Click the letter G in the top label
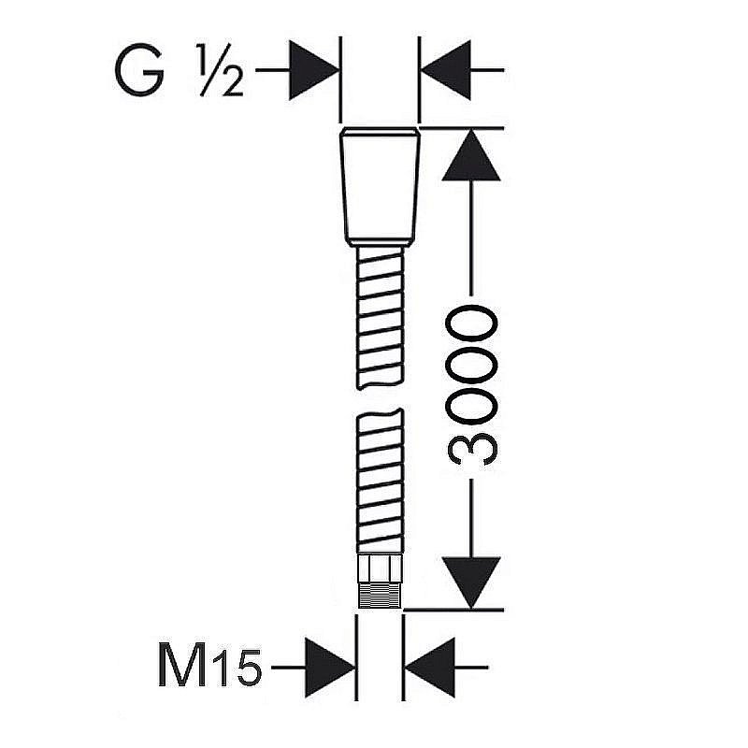pyautogui.click(x=139, y=70)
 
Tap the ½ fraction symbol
pyautogui.click(x=222, y=70)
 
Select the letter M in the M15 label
pyautogui.click(x=181, y=665)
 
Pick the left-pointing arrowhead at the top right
pyautogui.click(x=446, y=70)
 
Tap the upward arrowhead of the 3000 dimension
pyautogui.click(x=471, y=155)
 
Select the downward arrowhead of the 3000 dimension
pyautogui.click(x=471, y=583)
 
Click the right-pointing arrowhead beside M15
pyautogui.click(x=330, y=668)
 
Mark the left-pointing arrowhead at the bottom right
pyautogui.click(x=430, y=668)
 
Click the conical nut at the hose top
pyautogui.click(x=381, y=187)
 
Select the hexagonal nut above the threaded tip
pyautogui.click(x=381, y=568)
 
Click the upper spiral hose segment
pyautogui.click(x=381, y=318)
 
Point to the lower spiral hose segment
pyautogui.click(x=381, y=481)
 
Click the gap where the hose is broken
pyautogui.click(x=381, y=399)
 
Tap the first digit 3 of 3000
pyautogui.click(x=472, y=449)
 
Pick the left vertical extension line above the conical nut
pyautogui.click(x=340, y=79)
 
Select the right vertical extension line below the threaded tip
pyautogui.click(x=404, y=657)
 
